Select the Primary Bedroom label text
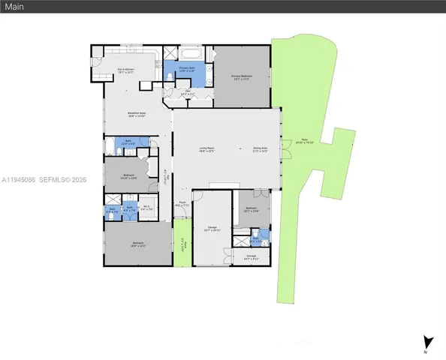(x=241, y=77)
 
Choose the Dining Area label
(x=260, y=148)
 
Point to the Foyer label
(x=182, y=204)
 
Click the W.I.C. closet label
(x=146, y=208)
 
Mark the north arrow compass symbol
(x=428, y=342)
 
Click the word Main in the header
(x=16, y=7)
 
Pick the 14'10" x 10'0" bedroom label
(x=128, y=177)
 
